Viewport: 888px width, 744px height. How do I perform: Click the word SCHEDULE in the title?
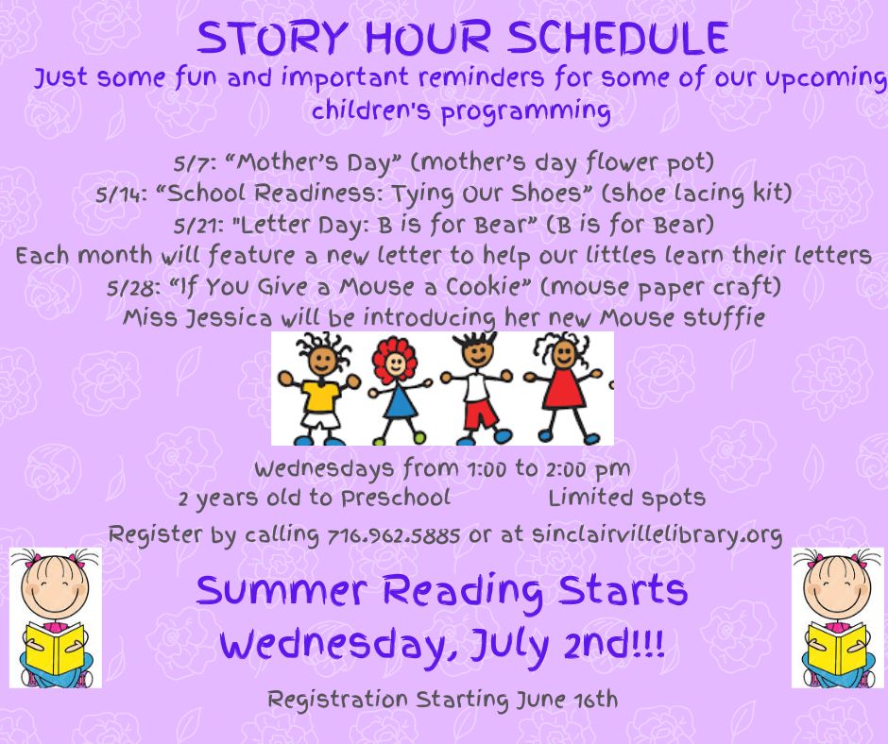tap(618, 39)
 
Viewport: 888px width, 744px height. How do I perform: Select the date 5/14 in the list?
tap(121, 194)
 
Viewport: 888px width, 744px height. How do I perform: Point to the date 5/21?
tap(198, 226)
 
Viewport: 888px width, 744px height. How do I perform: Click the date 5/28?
tap(133, 288)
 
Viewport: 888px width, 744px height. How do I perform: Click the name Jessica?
tap(230, 318)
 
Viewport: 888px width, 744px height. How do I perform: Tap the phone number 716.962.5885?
tap(394, 535)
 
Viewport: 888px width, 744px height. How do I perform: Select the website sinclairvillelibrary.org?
tap(657, 534)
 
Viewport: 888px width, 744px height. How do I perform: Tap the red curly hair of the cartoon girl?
tap(394, 357)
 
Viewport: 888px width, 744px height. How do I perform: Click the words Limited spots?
tap(627, 499)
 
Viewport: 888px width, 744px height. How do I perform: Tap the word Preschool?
tap(395, 499)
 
